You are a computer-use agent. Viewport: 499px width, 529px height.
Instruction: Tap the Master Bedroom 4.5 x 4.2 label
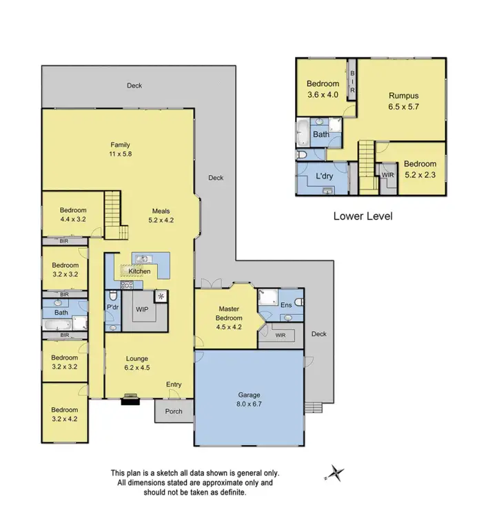[x=230, y=318]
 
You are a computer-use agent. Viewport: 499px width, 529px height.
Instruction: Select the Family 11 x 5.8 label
[x=121, y=149]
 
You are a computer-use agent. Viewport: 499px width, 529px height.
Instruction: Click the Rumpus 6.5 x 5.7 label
[x=403, y=101]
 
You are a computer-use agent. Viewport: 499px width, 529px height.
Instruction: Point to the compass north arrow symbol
[x=335, y=473]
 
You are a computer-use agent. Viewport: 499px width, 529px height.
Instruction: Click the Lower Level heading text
[x=363, y=216]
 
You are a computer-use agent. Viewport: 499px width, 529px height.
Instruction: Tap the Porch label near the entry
[x=174, y=412]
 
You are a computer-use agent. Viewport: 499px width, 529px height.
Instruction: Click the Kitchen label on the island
[x=139, y=271]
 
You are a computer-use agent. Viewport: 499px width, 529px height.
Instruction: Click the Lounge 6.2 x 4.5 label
[x=136, y=363]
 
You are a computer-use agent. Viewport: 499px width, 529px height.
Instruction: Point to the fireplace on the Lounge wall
[x=130, y=397]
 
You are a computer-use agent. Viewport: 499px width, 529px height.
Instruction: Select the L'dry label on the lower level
[x=325, y=178]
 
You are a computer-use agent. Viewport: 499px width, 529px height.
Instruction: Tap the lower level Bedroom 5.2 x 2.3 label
[x=420, y=169]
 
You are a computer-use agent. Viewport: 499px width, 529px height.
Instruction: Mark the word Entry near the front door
[x=174, y=385]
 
